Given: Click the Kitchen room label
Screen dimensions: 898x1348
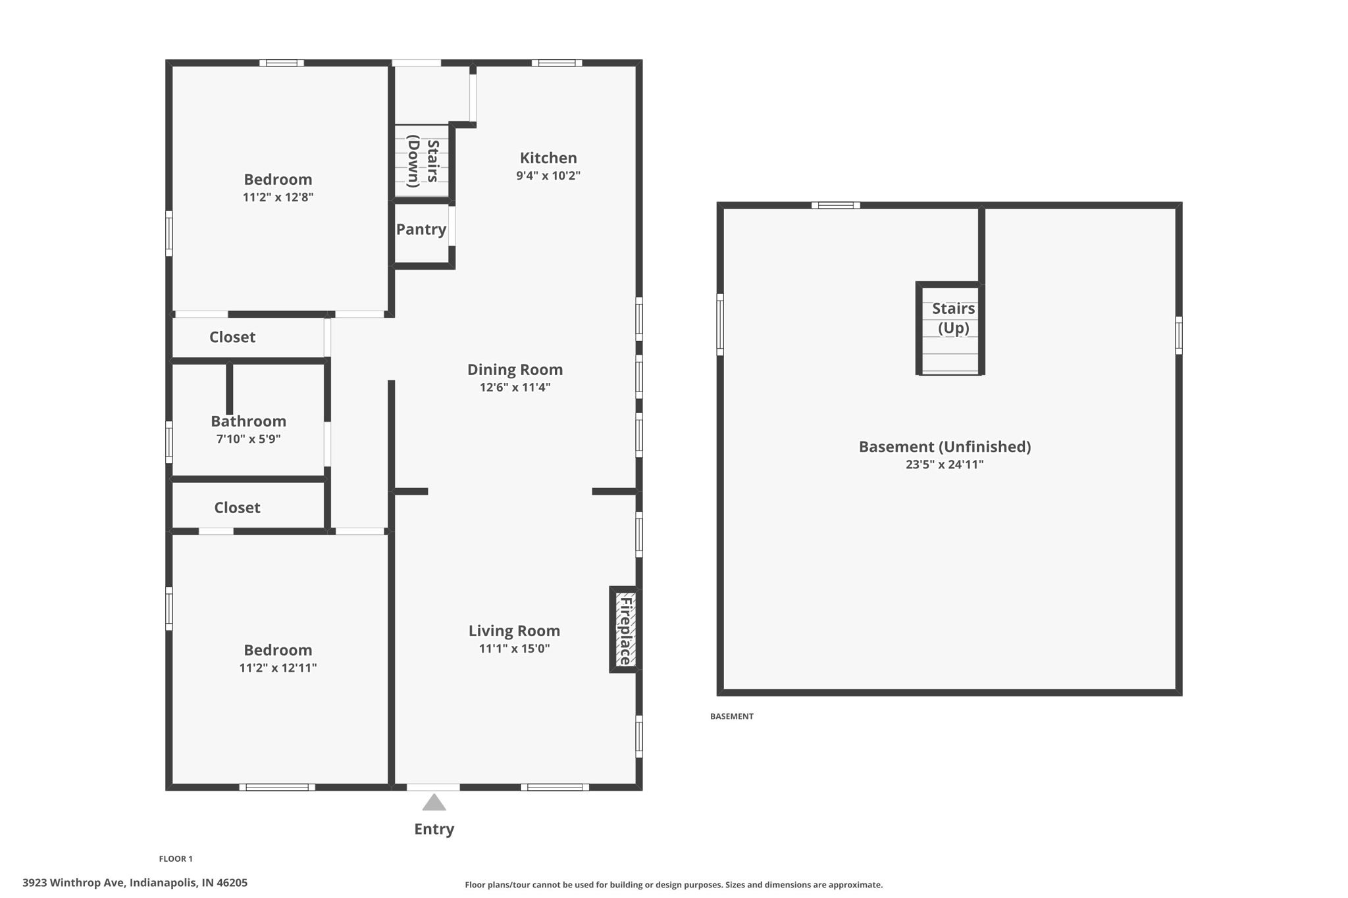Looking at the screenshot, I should [548, 158].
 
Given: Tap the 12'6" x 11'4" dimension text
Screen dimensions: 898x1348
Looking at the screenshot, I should [515, 387].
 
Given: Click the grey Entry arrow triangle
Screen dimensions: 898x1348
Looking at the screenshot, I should [434, 803].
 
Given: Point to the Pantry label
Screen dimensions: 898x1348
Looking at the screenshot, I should [421, 230].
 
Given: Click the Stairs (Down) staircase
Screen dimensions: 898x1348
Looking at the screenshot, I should [422, 161].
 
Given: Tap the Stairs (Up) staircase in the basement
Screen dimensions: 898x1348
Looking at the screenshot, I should [950, 329].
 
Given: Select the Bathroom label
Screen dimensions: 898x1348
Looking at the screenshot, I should [248, 421].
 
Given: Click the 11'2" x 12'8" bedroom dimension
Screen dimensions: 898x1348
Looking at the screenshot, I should [278, 197].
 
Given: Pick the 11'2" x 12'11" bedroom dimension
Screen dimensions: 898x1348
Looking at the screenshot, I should [278, 668].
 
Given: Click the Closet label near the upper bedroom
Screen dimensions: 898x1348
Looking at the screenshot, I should [232, 337].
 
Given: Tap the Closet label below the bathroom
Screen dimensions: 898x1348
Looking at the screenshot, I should [237, 508].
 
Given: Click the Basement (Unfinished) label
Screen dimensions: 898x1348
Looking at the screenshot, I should [945, 447].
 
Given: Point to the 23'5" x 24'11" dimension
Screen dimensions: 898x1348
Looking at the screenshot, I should [945, 464].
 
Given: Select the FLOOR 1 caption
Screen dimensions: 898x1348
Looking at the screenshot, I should [176, 859].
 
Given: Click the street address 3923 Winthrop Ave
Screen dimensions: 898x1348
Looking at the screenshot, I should [135, 883].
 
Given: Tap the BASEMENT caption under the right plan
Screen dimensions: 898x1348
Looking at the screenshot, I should [731, 716].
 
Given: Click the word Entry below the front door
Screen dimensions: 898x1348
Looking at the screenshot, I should [434, 829].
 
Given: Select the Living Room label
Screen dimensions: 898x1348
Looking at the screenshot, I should [514, 631].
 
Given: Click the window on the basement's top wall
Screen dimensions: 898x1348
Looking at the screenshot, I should [835, 205].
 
